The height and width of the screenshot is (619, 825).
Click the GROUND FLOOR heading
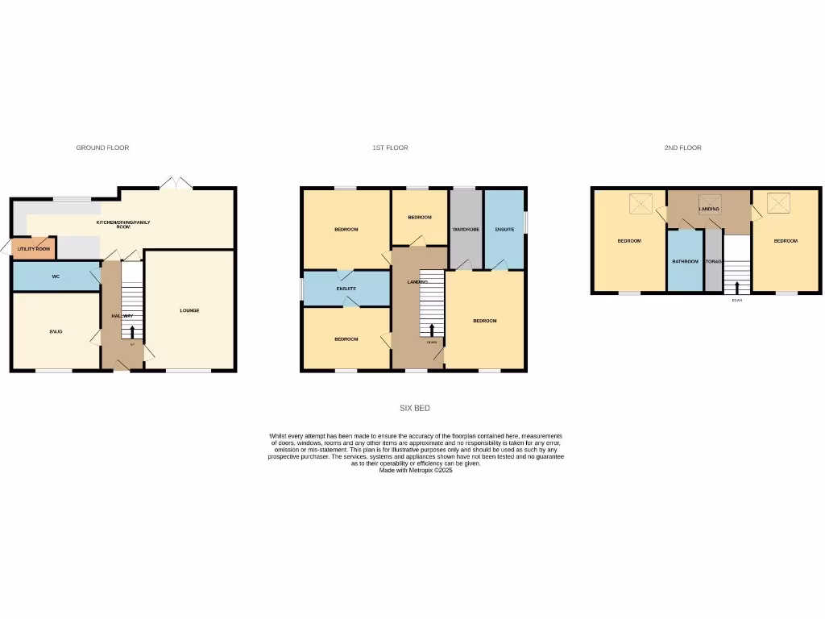pos(102,148)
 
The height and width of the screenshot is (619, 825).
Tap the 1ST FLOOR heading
pos(390,148)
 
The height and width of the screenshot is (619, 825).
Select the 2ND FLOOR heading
pos(682,148)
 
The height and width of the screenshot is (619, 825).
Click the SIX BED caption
pos(415,409)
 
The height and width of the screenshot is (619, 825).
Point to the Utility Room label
pos(34,249)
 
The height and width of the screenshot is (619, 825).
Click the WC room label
pos(56,276)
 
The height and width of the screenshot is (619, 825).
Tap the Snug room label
pos(56,331)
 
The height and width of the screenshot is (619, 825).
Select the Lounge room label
pos(189,310)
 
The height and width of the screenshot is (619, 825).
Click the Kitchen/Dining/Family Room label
pos(123,224)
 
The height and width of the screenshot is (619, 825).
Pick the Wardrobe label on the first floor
pos(466,230)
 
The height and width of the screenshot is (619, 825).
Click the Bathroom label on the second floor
pos(685,261)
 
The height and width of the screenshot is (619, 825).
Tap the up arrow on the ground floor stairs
pos(133,331)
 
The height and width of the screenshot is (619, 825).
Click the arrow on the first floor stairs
pos(432,329)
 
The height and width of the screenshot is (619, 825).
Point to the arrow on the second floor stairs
pos(737,286)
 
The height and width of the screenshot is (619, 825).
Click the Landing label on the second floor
pos(709,209)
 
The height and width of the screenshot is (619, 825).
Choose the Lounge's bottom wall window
pos(189,371)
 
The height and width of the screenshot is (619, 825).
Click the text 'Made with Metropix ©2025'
pos(416,470)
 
